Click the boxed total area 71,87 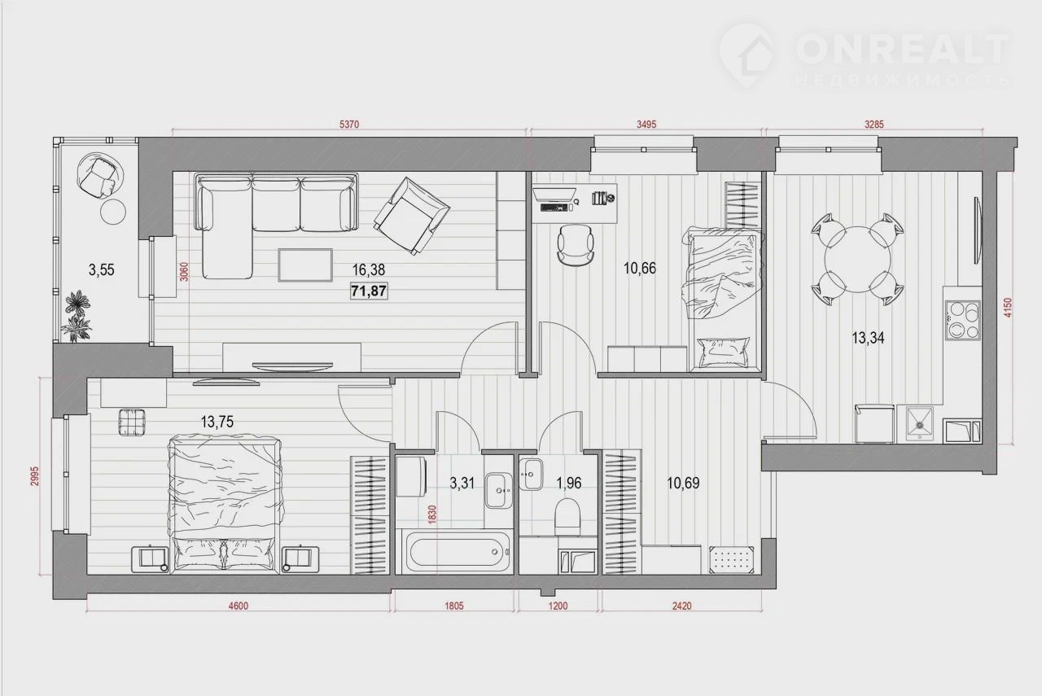(369, 291)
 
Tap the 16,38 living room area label (369, 269)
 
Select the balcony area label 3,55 (102, 269)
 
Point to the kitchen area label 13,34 (868, 338)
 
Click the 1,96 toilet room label (569, 484)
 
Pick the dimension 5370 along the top (349, 125)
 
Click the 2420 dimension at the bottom (682, 606)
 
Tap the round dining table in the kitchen (858, 259)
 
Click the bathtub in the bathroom (459, 552)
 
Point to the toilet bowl (568, 517)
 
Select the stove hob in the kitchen (962, 320)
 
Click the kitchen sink (920, 423)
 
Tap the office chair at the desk (576, 245)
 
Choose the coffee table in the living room (305, 265)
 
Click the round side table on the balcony (113, 212)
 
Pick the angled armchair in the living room (412, 216)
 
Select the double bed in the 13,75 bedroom (225, 504)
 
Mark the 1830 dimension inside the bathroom (432, 515)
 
